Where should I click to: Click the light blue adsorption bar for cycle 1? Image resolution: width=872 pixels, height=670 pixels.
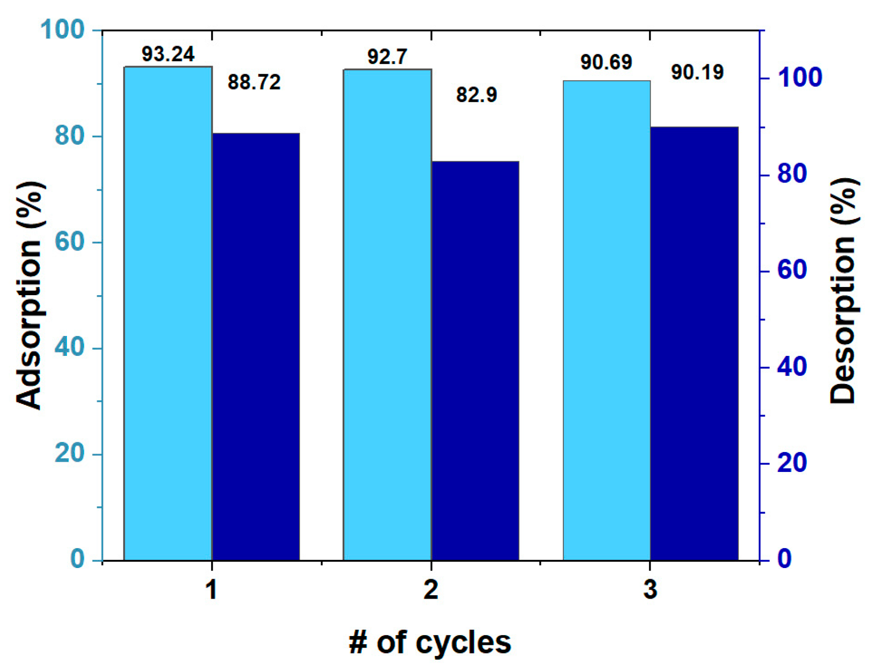168,313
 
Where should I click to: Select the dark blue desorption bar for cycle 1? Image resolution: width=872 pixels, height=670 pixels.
256,347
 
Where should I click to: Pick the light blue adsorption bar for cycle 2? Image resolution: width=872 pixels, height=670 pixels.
387,315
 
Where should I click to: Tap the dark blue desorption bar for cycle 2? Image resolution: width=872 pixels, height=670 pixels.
475,361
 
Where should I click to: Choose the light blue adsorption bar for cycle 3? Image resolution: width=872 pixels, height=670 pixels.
606,320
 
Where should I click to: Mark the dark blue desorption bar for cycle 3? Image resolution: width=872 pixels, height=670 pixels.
694,344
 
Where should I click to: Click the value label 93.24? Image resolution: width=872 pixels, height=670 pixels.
168,54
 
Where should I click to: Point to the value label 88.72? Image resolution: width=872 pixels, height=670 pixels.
254,82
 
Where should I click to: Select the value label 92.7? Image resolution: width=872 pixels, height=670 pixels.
387,57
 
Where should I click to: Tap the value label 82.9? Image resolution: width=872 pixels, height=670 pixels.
476,95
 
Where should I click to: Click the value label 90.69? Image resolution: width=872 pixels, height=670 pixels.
606,62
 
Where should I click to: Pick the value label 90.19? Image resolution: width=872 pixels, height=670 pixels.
697,72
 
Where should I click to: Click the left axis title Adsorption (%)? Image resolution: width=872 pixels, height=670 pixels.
29,295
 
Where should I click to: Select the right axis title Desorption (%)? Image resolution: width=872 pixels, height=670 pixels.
843,290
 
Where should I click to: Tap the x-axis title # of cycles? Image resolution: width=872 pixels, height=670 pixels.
430,642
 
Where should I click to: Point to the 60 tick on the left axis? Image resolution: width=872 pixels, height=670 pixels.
70,242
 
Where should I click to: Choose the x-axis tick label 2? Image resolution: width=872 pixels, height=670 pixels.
431,589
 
